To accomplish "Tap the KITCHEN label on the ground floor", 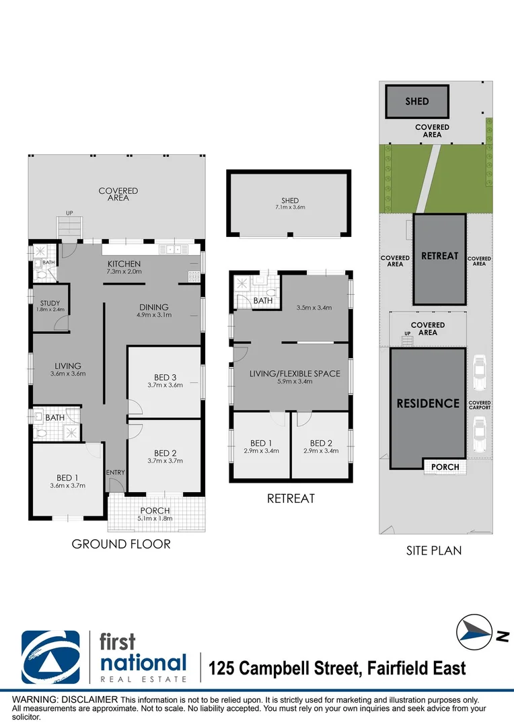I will point(124,263).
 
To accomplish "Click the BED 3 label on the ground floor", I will point(165,377).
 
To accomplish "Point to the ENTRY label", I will point(116,473).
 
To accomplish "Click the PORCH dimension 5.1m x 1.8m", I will point(155,518).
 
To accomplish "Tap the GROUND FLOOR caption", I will point(121,544).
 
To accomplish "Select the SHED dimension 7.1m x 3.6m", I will point(290,207).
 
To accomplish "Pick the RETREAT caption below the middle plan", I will point(291,499).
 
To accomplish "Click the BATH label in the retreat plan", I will point(263,301).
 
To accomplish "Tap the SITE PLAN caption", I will point(434,550).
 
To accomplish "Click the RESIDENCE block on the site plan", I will point(428,404).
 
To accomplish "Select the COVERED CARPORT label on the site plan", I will point(480,405).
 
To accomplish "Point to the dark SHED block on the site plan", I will point(417,102).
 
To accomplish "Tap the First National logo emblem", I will point(51,656).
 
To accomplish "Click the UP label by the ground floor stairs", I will point(69,213).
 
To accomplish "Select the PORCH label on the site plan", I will point(445,466).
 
